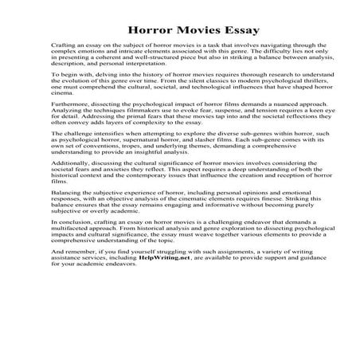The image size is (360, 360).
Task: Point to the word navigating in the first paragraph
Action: pyautogui.click(x=267, y=47)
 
